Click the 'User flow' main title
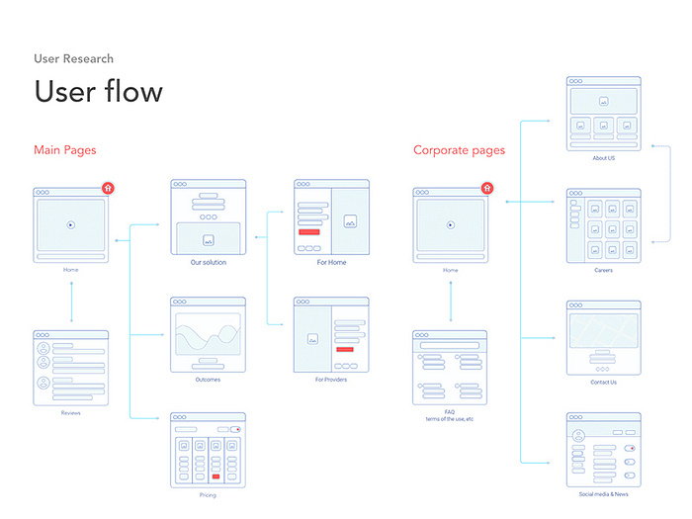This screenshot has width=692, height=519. click(98, 92)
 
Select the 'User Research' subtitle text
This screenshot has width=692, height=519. click(73, 59)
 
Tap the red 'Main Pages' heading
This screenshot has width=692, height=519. click(65, 150)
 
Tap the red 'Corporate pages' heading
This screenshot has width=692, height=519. click(459, 150)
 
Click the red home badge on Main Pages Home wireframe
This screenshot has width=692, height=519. click(107, 188)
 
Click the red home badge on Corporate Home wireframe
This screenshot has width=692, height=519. click(486, 188)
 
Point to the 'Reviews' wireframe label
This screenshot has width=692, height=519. click(70, 385)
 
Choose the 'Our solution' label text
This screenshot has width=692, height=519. click(209, 263)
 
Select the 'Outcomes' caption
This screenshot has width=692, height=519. click(208, 380)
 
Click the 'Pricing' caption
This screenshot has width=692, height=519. click(208, 494)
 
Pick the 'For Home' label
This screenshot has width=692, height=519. click(331, 263)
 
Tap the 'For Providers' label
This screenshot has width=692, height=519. click(331, 380)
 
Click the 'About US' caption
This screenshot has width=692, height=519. click(603, 158)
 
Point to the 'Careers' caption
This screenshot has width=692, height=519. click(603, 270)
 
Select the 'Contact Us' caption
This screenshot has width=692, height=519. click(603, 382)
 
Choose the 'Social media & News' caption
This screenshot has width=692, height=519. click(603, 493)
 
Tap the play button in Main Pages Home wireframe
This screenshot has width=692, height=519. click(70, 224)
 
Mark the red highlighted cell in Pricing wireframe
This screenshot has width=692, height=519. click(215, 476)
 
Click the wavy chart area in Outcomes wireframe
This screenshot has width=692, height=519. click(208, 336)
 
